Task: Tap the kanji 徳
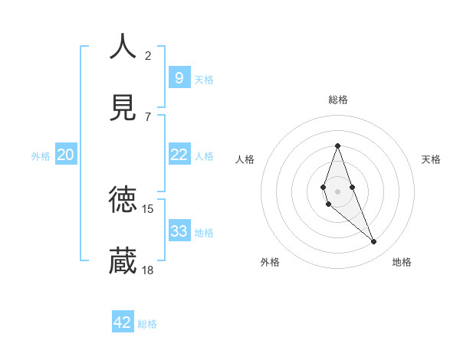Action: (x=123, y=200)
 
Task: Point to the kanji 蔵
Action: (x=123, y=260)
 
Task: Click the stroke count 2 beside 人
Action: (x=148, y=55)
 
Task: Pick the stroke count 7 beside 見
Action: (x=148, y=116)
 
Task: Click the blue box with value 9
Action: (x=179, y=77)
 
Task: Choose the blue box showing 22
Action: (x=179, y=155)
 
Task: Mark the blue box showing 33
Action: (x=179, y=231)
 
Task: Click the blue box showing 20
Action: (x=65, y=155)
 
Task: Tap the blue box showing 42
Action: (x=123, y=322)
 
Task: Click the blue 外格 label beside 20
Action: (x=41, y=156)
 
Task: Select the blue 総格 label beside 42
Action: (x=147, y=324)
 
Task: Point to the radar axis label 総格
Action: (x=337, y=100)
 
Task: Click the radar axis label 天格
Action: (x=431, y=159)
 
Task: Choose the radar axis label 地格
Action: (x=402, y=263)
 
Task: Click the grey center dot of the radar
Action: (x=337, y=191)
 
